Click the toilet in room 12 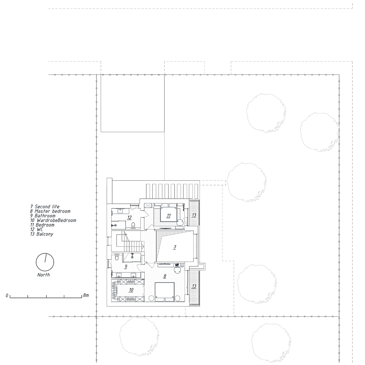(x=133, y=225)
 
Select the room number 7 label (x=175, y=247)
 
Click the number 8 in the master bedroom (x=165, y=276)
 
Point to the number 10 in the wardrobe (x=131, y=290)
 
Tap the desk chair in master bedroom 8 (x=178, y=270)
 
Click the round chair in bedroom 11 (x=180, y=222)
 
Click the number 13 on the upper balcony (x=194, y=215)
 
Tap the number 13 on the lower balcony (x=194, y=286)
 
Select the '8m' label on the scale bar (x=86, y=295)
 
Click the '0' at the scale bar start (x=7, y=295)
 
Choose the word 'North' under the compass (x=43, y=275)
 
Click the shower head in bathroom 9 (x=132, y=256)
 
